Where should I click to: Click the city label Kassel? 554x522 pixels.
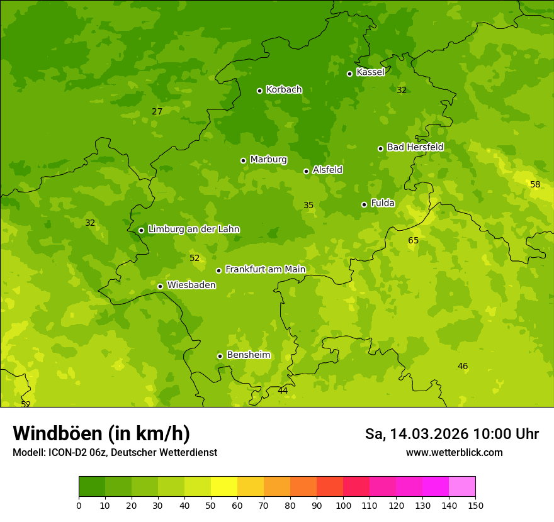tap(370, 72)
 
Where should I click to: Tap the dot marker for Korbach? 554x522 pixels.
tap(259, 91)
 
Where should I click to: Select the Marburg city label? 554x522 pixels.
tap(268, 160)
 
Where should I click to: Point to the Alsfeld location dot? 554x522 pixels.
tap(306, 171)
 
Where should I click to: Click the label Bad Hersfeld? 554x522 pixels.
tap(415, 147)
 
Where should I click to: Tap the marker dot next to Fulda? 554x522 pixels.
tap(364, 204)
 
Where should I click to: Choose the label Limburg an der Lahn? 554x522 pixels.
tap(193, 230)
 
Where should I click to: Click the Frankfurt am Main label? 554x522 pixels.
tap(265, 269)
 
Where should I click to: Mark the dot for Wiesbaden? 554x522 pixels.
tap(160, 286)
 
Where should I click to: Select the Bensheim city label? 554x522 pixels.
tap(248, 355)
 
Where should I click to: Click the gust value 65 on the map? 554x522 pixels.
tap(413, 240)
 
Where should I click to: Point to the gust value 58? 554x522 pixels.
tap(535, 184)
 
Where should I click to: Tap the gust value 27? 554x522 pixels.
tap(157, 111)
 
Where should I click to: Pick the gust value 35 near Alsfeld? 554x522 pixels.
tap(308, 205)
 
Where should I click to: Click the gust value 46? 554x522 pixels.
tap(463, 366)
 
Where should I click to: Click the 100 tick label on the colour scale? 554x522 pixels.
tap(343, 505)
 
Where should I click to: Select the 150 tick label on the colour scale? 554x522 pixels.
tap(475, 505)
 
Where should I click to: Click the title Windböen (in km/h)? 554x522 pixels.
tap(101, 433)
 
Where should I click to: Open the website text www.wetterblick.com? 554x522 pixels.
tap(454, 452)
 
